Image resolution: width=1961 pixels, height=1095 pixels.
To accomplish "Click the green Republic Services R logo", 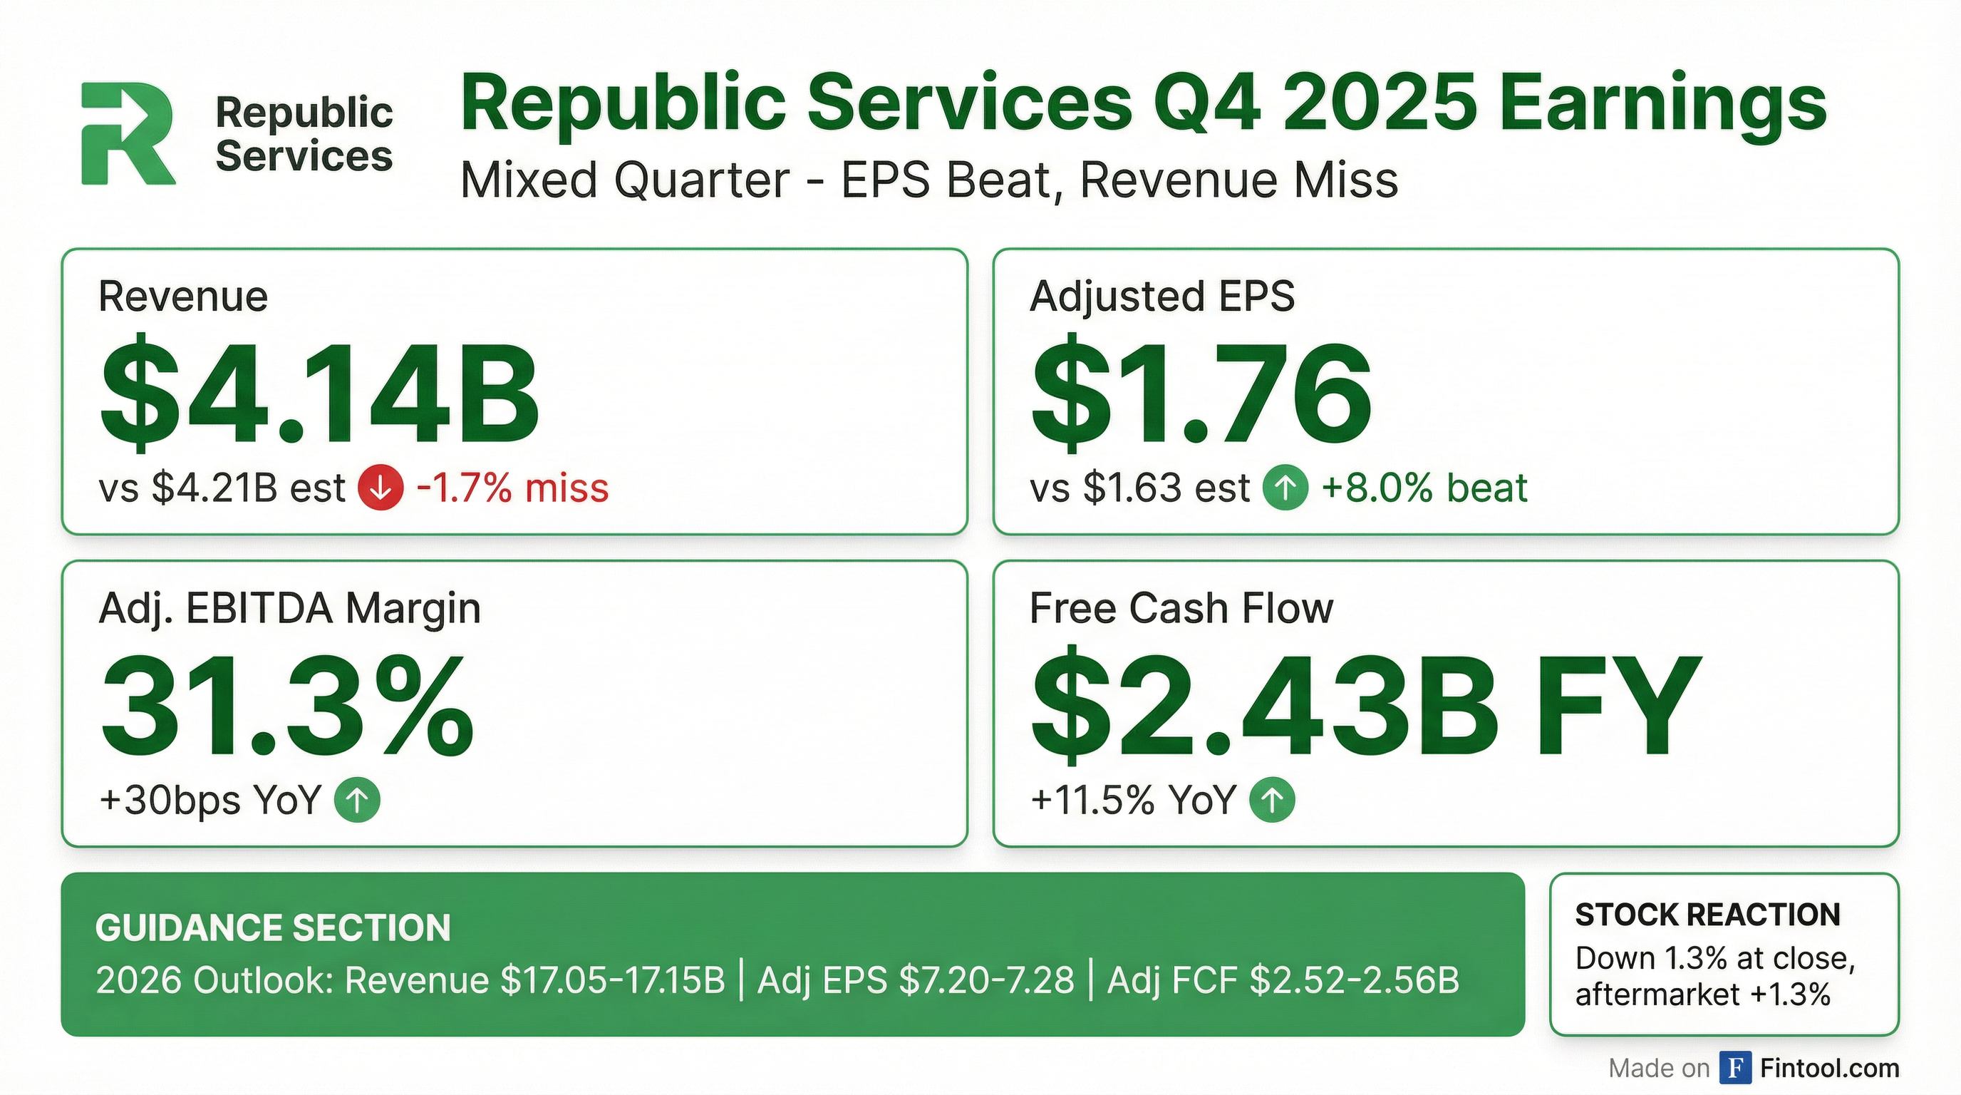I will [127, 134].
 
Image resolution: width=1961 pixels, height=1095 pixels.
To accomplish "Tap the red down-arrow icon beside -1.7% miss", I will [381, 488].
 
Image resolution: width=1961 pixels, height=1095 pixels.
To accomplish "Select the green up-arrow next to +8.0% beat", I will [1285, 488].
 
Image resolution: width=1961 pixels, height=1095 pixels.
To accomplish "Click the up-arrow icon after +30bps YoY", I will [357, 801].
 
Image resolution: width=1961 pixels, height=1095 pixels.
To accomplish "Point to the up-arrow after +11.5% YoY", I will [1272, 801].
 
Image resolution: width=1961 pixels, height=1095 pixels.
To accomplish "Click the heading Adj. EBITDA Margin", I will [289, 608].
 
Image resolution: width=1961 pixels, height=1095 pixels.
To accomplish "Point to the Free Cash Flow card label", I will [1181, 608].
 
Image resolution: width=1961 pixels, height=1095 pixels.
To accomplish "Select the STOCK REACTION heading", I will [1707, 915].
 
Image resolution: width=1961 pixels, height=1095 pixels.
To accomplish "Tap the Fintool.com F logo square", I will [1735, 1069].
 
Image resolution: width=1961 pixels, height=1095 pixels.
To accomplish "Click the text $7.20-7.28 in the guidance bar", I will [987, 981].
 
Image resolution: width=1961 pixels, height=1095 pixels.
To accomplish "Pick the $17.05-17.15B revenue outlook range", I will [613, 981].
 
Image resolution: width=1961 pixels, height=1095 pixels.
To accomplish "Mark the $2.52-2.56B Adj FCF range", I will [1355, 981].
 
